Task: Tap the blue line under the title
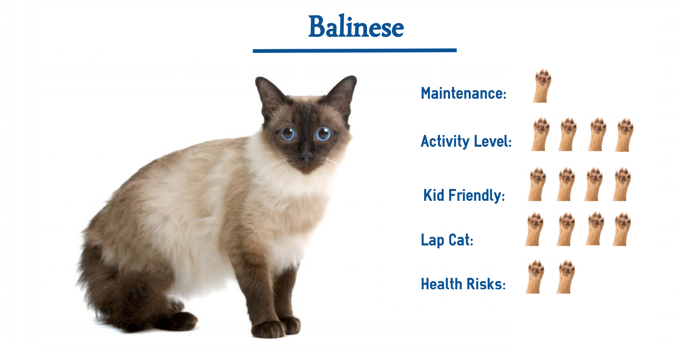point(355,50)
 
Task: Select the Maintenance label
point(463,93)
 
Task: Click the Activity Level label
point(466,141)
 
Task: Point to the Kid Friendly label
point(464,196)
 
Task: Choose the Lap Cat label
point(447,240)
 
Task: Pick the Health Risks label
point(463,284)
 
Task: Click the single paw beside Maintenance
point(542,86)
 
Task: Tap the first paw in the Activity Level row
point(541,134)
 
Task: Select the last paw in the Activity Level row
point(625,135)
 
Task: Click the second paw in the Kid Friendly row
point(566,184)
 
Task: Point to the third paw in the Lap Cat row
point(595,228)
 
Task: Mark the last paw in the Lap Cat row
point(622,229)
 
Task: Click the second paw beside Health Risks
point(566,276)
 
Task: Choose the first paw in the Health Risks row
point(535,276)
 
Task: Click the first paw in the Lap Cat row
point(534,229)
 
